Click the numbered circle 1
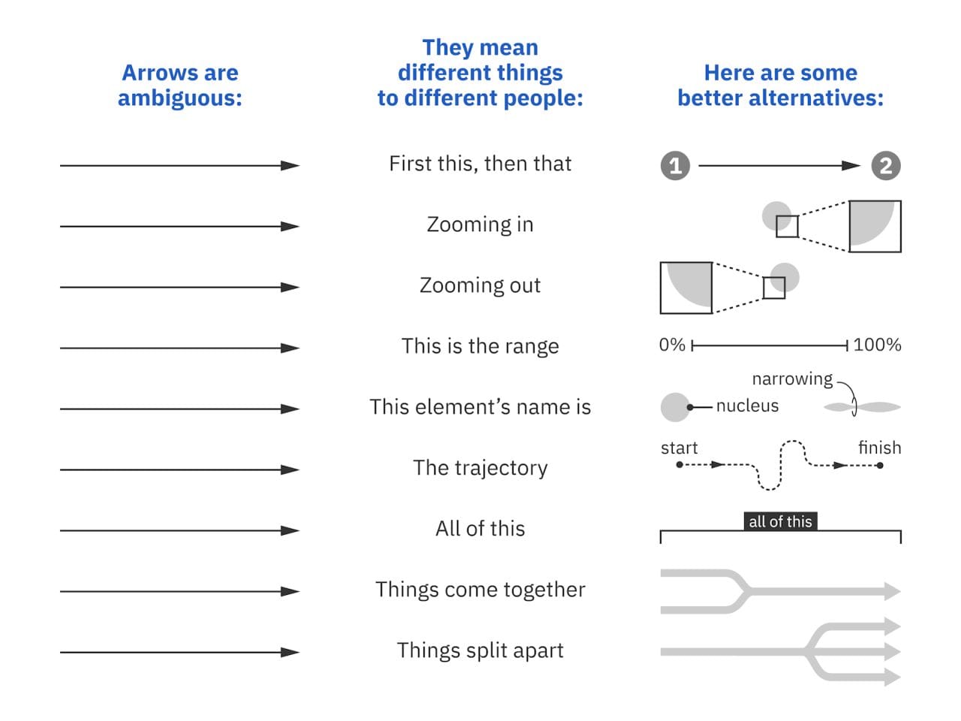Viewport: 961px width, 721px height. point(675,166)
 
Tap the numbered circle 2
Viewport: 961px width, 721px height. point(886,166)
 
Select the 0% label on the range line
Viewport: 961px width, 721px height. point(672,345)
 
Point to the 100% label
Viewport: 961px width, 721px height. point(877,345)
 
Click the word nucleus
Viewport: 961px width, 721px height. point(747,406)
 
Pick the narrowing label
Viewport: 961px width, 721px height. point(792,379)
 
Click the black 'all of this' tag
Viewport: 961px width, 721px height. point(780,521)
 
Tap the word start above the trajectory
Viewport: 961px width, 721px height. point(679,448)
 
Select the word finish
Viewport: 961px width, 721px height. point(879,448)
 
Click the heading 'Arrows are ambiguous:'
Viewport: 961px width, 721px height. point(180,85)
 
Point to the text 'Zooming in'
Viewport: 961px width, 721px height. point(480,225)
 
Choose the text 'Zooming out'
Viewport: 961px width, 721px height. point(480,285)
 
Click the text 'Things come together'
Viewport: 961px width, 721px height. point(480,590)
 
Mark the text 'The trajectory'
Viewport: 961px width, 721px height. point(480,468)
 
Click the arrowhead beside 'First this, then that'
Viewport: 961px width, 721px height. point(290,165)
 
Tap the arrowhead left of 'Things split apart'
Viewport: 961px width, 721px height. point(290,652)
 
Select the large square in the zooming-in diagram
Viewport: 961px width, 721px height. point(875,226)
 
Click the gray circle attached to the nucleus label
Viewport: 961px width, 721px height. point(675,407)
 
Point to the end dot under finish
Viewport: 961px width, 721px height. point(880,465)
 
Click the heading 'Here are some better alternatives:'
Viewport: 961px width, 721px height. point(780,85)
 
